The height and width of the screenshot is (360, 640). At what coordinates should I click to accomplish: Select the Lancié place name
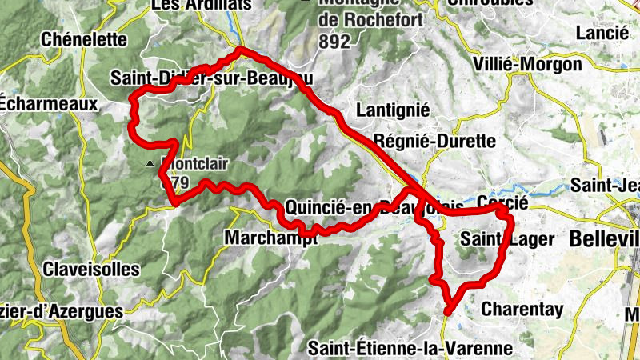pos(602,33)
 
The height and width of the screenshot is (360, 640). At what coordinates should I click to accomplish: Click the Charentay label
pos(522,309)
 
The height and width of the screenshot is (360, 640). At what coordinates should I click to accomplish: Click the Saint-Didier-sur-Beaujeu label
pos(210,78)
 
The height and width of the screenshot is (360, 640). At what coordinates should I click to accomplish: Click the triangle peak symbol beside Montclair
pos(151,164)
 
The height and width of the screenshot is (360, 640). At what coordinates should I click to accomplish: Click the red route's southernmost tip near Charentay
pos(448,311)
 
